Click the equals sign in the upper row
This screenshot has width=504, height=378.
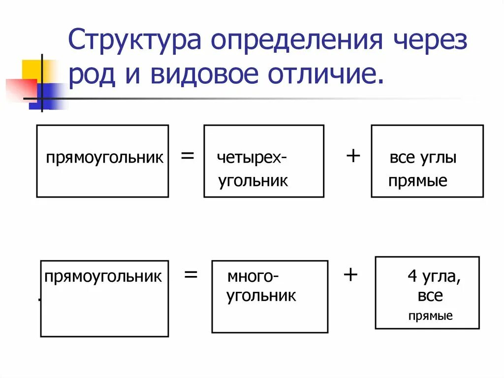(187, 157)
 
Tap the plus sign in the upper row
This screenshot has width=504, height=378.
(353, 156)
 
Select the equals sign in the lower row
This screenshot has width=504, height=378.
(190, 275)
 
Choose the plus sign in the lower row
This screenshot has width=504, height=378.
(350, 274)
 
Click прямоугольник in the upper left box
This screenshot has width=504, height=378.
(105, 159)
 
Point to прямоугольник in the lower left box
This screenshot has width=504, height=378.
(103, 276)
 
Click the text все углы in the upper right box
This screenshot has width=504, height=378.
(423, 159)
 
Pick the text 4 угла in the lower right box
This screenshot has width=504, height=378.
(434, 277)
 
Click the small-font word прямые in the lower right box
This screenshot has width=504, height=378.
(430, 316)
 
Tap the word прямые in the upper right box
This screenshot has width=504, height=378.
(417, 181)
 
